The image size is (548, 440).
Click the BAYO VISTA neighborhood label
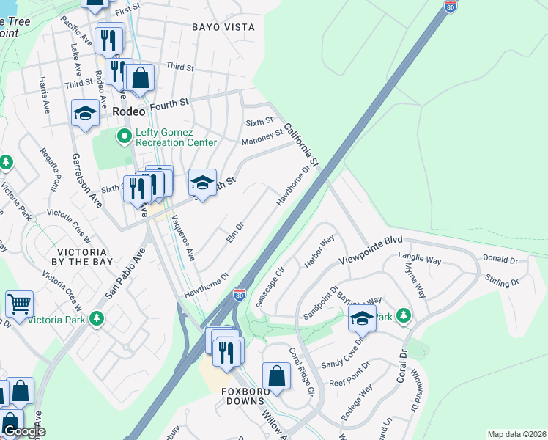[x=223, y=27]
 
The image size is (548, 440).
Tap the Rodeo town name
[x=130, y=110]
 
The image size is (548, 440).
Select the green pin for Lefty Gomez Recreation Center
[x=124, y=137]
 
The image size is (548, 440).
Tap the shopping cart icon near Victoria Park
[x=19, y=303]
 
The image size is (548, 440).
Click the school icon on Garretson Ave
[x=85, y=113]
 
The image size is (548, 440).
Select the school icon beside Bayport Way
[x=362, y=318]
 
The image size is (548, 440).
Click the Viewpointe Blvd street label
[x=371, y=251]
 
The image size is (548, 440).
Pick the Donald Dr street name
[x=500, y=260]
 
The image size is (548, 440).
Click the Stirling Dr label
[x=502, y=280]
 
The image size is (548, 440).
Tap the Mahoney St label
[x=263, y=137]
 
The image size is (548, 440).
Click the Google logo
[x=23, y=431]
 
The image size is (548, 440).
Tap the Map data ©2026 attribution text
[x=516, y=434]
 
